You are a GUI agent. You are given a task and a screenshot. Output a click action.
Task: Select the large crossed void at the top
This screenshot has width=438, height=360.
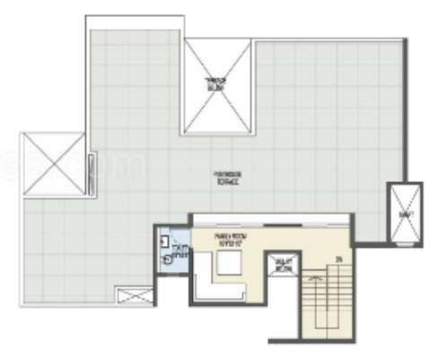(x=216, y=86)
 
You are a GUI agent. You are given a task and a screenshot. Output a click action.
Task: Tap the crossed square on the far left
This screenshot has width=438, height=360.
(x=53, y=164)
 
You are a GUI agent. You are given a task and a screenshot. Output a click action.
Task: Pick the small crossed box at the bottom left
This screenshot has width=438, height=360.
(x=135, y=294)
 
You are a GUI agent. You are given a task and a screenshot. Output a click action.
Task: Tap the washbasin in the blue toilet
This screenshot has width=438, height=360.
(x=165, y=241)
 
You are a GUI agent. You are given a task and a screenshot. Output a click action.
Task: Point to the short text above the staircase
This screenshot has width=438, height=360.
(x=340, y=259)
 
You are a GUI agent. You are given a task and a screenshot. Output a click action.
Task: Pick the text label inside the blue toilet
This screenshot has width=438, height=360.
(x=180, y=252)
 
